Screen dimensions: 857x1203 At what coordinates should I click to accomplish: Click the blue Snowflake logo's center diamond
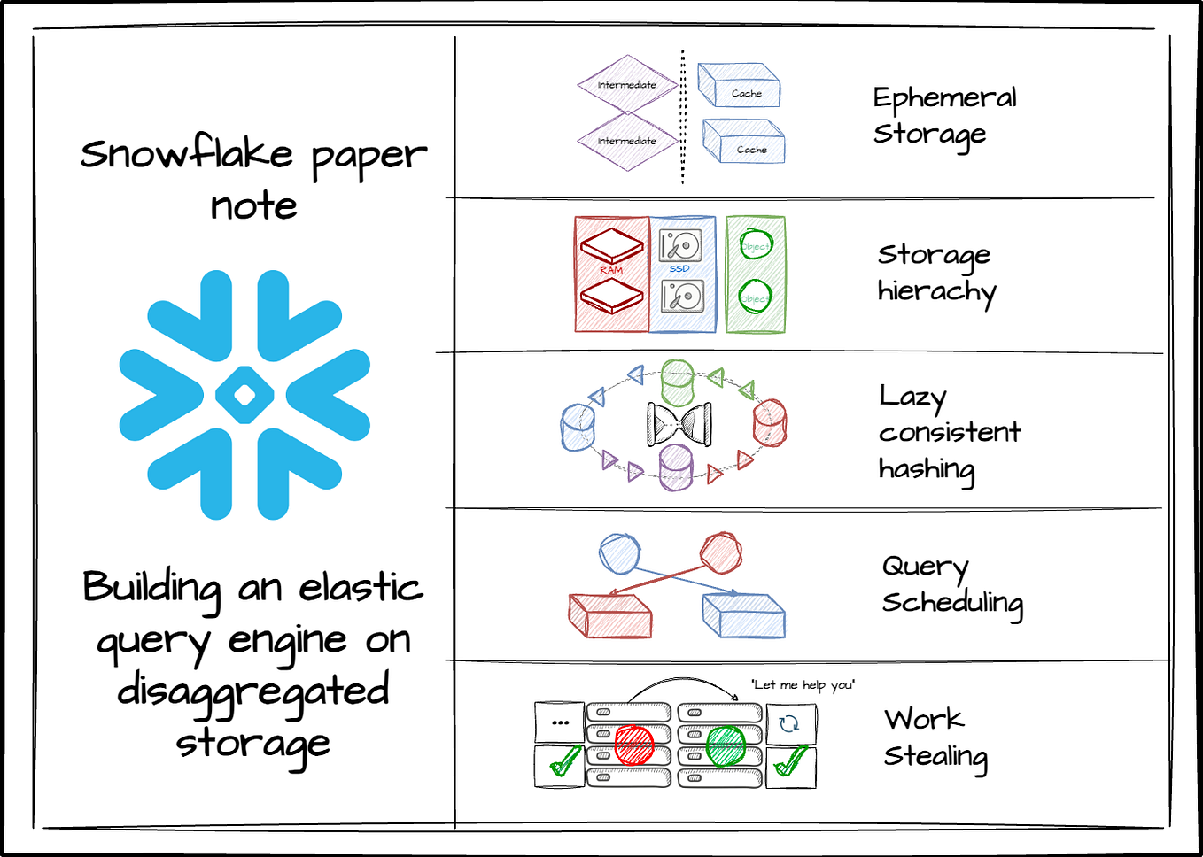click(244, 395)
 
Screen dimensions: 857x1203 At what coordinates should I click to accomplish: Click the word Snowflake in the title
click(187, 153)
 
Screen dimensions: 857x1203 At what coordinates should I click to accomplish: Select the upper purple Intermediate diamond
click(627, 85)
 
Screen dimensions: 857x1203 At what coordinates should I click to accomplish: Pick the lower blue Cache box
click(744, 142)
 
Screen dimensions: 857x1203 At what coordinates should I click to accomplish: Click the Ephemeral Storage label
click(944, 115)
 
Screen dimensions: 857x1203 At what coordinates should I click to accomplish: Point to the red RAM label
click(611, 270)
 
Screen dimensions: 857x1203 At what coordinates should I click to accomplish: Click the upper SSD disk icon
click(680, 245)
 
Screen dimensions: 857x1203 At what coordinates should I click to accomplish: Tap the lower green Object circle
click(756, 297)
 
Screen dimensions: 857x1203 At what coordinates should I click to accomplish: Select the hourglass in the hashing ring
click(679, 424)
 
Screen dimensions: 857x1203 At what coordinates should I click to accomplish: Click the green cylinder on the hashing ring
click(678, 382)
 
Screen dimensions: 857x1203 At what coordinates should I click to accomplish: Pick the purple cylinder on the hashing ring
click(676, 467)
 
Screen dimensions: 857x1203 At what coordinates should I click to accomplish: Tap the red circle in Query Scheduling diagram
click(721, 553)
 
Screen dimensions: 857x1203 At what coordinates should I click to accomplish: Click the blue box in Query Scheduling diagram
click(743, 615)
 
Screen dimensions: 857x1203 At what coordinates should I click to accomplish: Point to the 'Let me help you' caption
click(803, 684)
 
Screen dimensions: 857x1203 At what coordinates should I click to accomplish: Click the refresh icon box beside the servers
click(790, 724)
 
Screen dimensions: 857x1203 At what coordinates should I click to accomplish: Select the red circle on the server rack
click(634, 745)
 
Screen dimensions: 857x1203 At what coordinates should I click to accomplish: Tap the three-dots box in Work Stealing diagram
click(560, 722)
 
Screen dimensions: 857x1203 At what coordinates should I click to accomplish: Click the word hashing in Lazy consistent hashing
click(926, 468)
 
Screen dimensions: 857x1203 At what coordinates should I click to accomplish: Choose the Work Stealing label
click(935, 737)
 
